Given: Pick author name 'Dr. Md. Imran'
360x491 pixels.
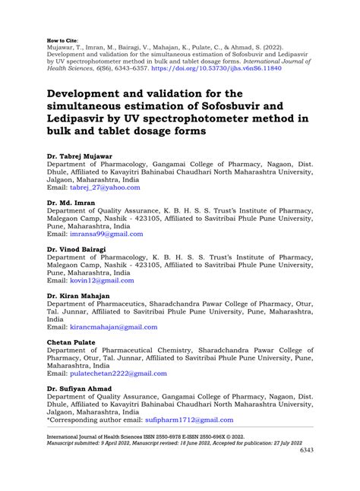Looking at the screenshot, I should pos(71,203).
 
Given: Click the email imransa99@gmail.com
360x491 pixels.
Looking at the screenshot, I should pos(109,234).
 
